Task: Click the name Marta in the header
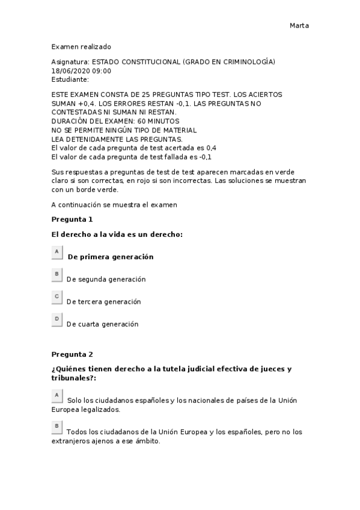pyautogui.click(x=299, y=25)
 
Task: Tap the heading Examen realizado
pyautogui.click(x=81, y=46)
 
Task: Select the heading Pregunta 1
pyautogui.click(x=72, y=219)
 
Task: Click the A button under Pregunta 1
pyautogui.click(x=57, y=251)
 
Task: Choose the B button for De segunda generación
pyautogui.click(x=57, y=274)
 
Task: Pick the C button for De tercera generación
pyautogui.click(x=57, y=296)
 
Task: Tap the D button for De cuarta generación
pyautogui.click(x=57, y=319)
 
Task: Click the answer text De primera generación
pyautogui.click(x=111, y=257)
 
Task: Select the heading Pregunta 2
pyautogui.click(x=72, y=354)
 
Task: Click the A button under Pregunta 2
pyautogui.click(x=57, y=395)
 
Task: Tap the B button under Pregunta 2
pyautogui.click(x=57, y=426)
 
